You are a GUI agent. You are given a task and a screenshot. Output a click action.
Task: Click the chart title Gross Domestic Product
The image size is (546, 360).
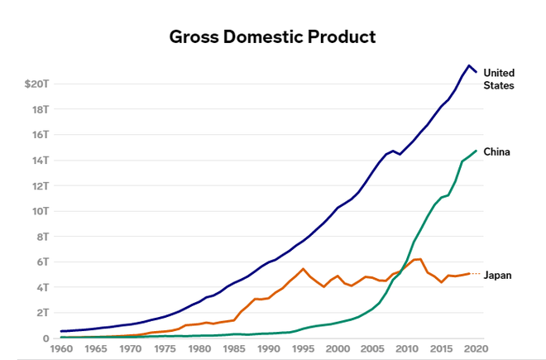(272, 37)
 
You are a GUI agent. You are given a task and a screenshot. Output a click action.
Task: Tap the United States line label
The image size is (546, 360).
(499, 79)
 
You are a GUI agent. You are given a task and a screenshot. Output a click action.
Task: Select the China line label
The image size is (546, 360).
(496, 152)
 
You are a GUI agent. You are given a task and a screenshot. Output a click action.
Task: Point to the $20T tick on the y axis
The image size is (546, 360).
(37, 84)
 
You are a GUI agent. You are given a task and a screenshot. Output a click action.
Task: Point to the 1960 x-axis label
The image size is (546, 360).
(62, 350)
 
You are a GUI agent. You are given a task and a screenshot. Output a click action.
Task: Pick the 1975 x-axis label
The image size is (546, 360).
(165, 350)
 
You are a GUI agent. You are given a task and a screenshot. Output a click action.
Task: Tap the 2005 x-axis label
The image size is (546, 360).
(372, 350)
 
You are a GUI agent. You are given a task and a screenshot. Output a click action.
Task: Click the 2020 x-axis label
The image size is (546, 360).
(476, 350)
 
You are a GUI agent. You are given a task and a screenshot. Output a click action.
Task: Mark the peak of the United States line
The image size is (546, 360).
(469, 65)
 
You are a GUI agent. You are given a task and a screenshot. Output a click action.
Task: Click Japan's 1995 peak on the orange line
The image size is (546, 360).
(303, 269)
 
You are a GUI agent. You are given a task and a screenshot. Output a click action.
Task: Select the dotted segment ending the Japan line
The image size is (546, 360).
(475, 273)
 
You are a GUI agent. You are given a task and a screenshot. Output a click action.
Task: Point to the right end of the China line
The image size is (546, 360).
(476, 151)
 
